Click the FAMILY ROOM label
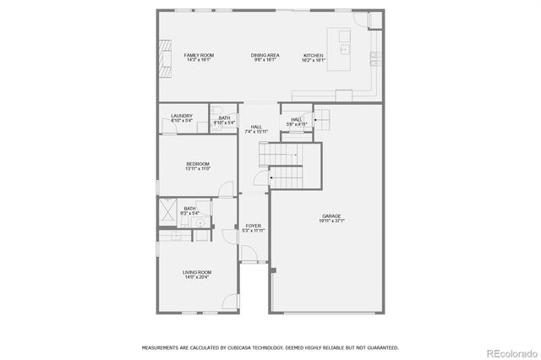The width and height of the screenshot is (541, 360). [199, 55]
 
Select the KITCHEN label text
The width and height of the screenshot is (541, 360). [314, 55]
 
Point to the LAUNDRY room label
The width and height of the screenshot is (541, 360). [181, 116]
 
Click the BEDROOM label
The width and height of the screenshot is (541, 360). [198, 164]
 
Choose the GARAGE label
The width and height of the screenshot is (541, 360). [331, 215]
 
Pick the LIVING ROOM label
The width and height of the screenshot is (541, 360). [197, 272]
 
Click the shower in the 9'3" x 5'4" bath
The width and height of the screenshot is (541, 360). [167, 210]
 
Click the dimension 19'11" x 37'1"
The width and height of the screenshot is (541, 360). [331, 221]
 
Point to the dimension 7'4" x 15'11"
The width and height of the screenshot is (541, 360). [255, 132]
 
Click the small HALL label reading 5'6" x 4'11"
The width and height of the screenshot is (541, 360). [297, 120]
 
